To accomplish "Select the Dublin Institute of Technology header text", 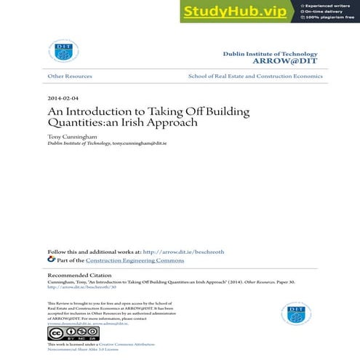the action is coord(271,55).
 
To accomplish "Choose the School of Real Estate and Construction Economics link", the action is coord(255,76).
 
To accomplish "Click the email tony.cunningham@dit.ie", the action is coord(140,144).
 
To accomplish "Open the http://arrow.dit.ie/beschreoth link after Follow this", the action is coord(183,252).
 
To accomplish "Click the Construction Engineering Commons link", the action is coord(135,260).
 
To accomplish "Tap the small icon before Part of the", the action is coord(51,259).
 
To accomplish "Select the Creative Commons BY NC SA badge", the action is coord(63,333).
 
